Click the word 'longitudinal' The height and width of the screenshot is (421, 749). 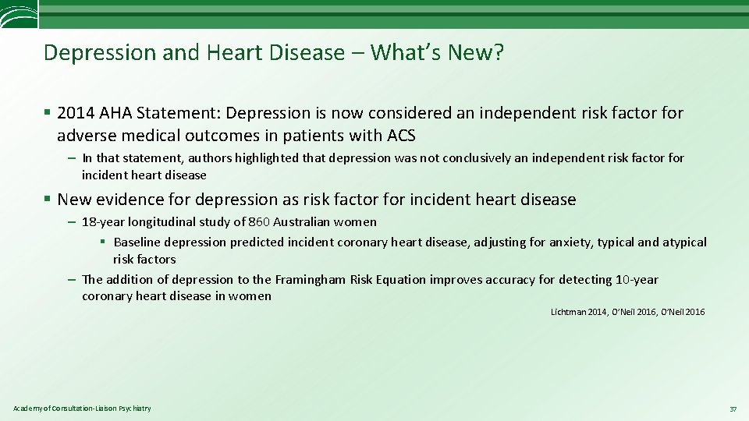pyautogui.click(x=162, y=222)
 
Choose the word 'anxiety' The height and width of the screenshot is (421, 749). pyautogui.click(x=570, y=242)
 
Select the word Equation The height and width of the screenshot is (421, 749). pyautogui.click(x=404, y=280)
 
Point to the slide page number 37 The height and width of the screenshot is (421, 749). pyautogui.click(x=733, y=409)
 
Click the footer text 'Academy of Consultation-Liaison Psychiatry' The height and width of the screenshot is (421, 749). pyautogui.click(x=82, y=409)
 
